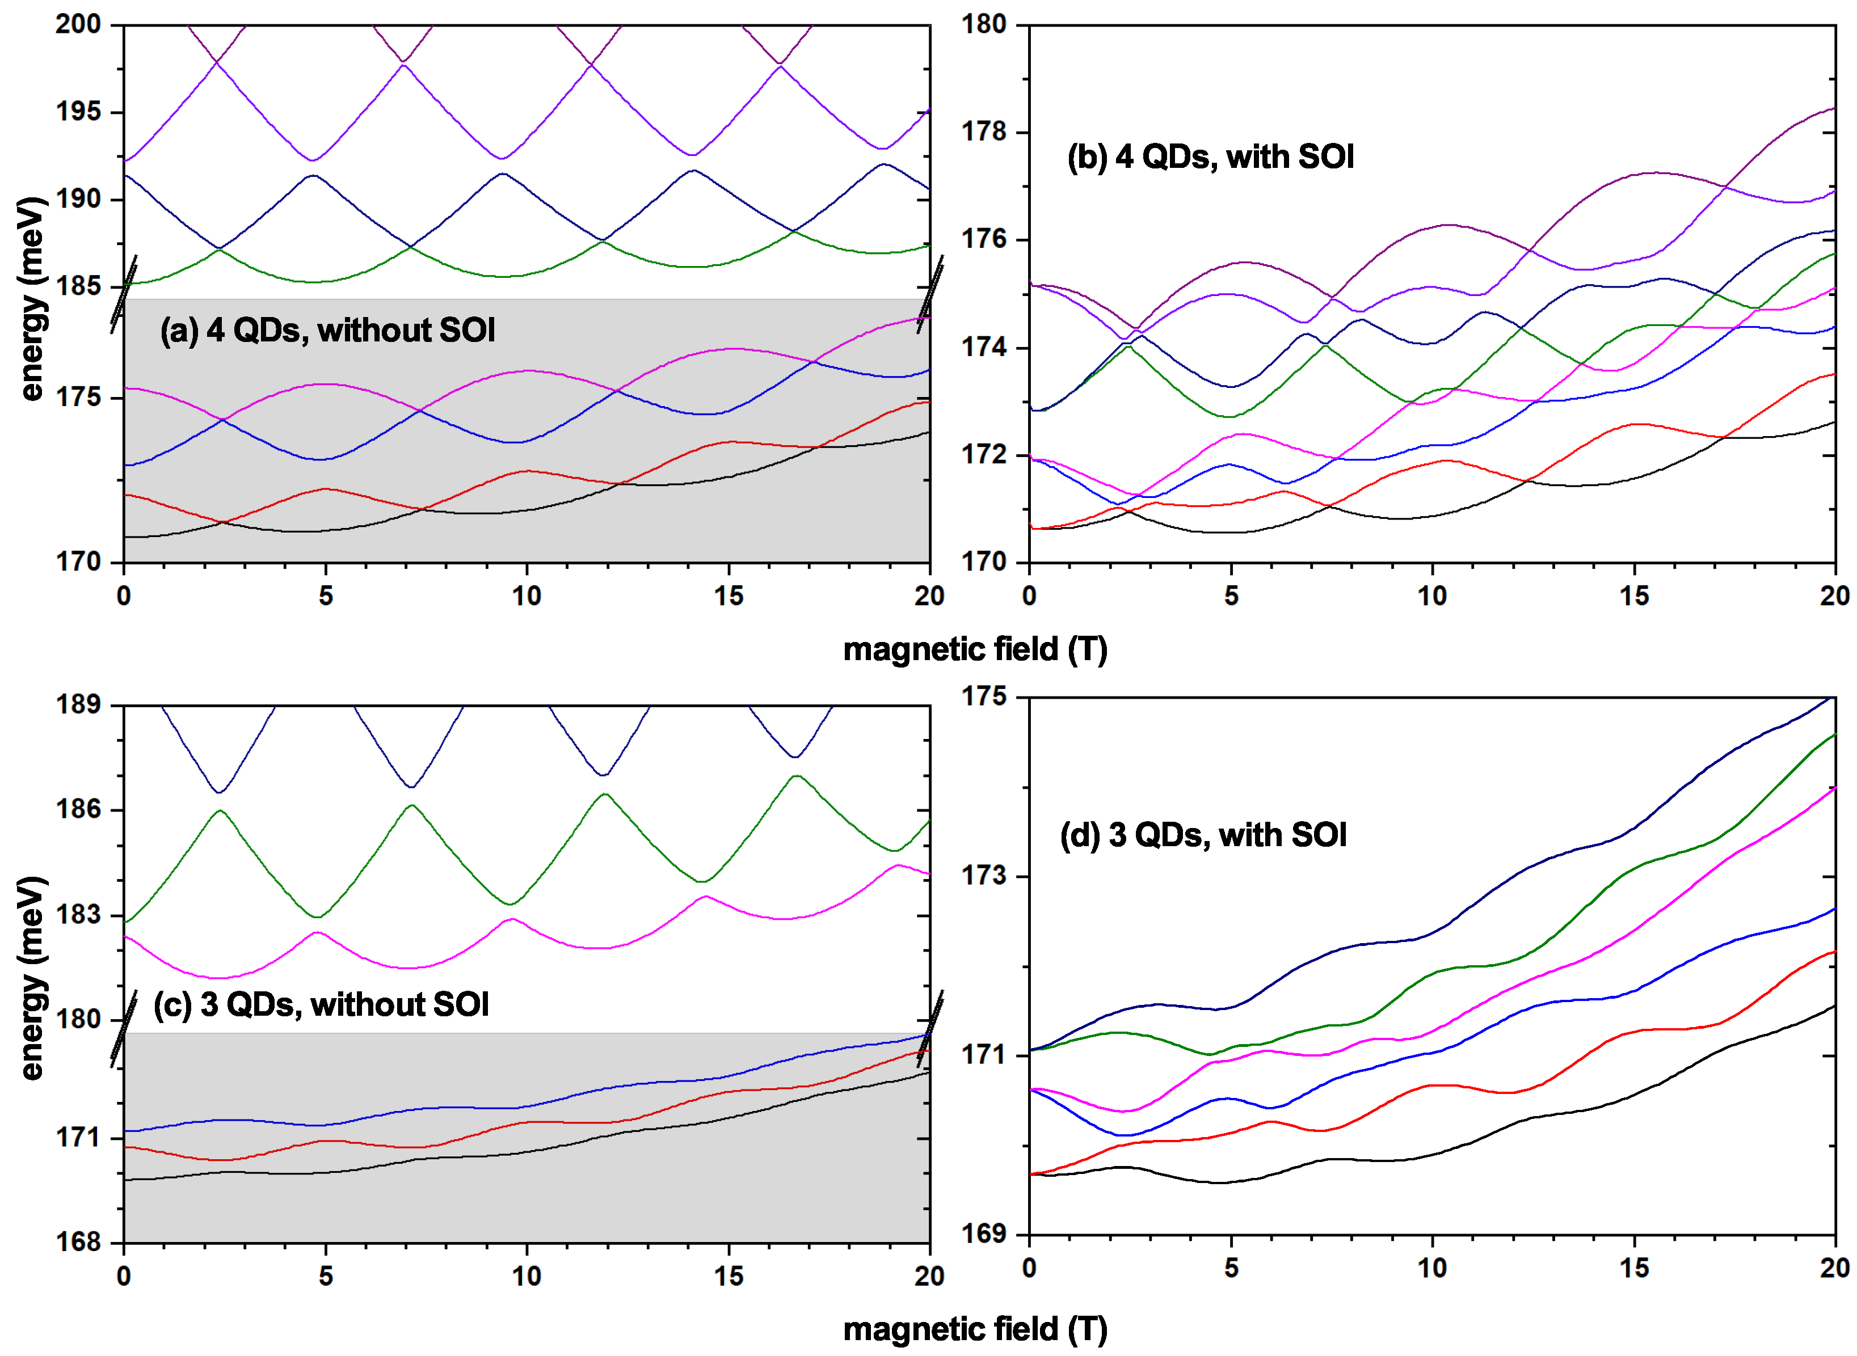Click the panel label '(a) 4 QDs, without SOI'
[x=327, y=331]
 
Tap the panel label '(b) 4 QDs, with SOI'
[x=1210, y=157]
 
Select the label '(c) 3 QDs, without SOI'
[x=321, y=1005]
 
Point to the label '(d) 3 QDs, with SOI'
[x=1203, y=835]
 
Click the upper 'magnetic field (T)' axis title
[x=975, y=649]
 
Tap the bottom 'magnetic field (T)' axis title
[x=975, y=1329]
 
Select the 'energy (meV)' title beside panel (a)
[x=31, y=299]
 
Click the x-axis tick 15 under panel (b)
[x=1633, y=596]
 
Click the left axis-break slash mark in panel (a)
[x=124, y=294]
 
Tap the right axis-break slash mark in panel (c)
[x=929, y=1029]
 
